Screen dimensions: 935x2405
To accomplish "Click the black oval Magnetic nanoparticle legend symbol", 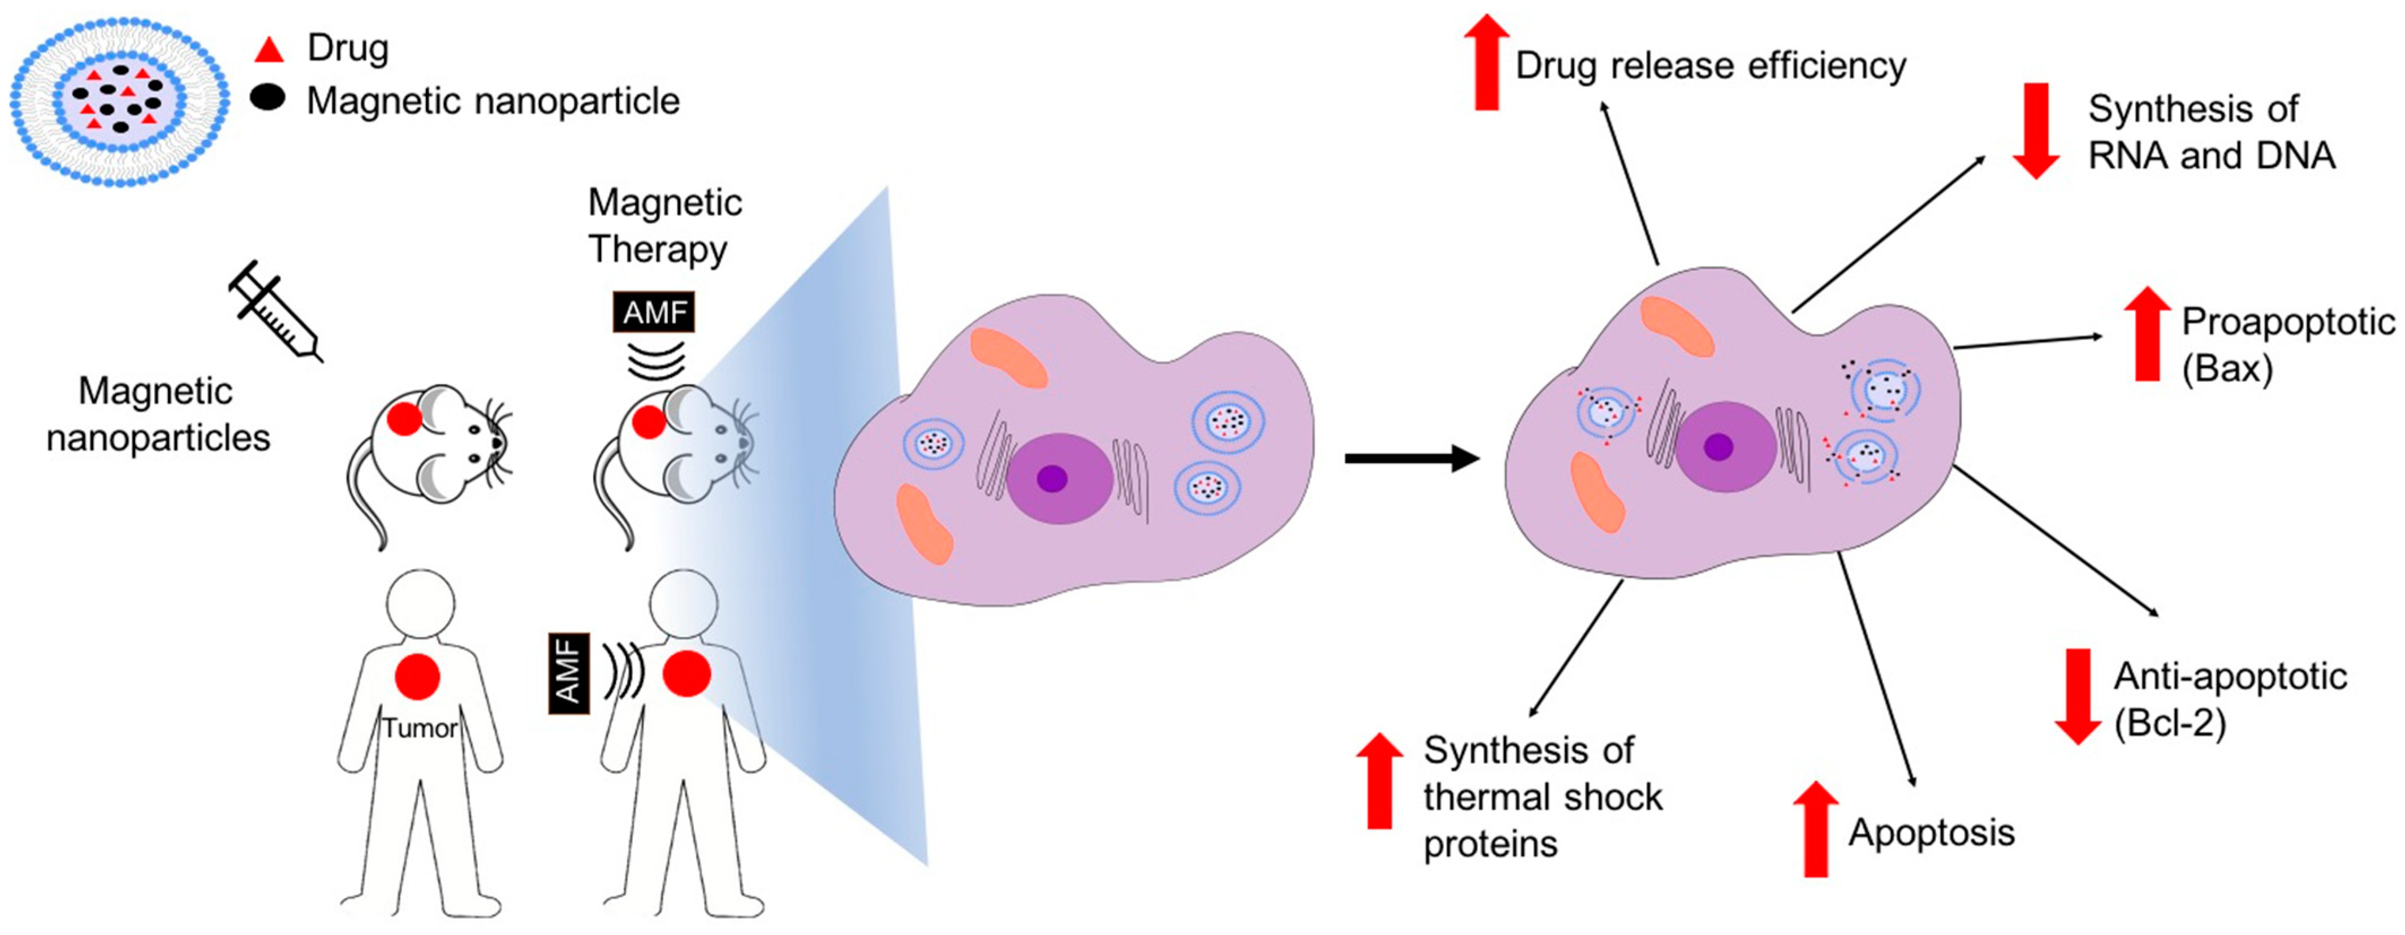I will (268, 98).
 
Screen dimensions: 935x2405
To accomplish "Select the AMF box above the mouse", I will (654, 312).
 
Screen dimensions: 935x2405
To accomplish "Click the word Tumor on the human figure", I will (419, 728).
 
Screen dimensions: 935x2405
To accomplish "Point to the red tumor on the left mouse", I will (404, 417).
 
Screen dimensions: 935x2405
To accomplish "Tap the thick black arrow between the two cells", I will (1411, 458).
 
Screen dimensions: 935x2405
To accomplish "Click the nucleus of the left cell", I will (1059, 478).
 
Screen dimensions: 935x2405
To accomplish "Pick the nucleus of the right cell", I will (1724, 447).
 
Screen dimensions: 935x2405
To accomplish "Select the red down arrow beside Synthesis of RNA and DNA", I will (2036, 131).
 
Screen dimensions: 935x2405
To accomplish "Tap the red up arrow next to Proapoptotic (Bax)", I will (2147, 333).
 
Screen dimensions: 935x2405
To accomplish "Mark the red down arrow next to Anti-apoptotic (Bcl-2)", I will (2078, 696).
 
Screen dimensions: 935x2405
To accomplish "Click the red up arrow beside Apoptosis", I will (1816, 829).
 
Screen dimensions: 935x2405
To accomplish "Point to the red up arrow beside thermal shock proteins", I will (1379, 781).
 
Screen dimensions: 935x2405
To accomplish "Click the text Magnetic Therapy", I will (664, 226).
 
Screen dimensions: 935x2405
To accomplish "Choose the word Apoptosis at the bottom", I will (1932, 832).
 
